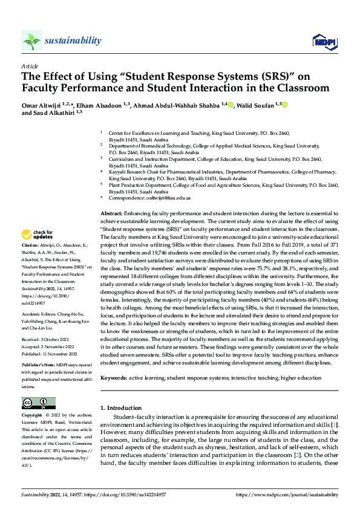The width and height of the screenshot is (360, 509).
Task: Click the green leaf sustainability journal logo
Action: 31,41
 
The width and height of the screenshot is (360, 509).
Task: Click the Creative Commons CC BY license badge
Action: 38,403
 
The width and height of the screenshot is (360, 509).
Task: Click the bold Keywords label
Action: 114,378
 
